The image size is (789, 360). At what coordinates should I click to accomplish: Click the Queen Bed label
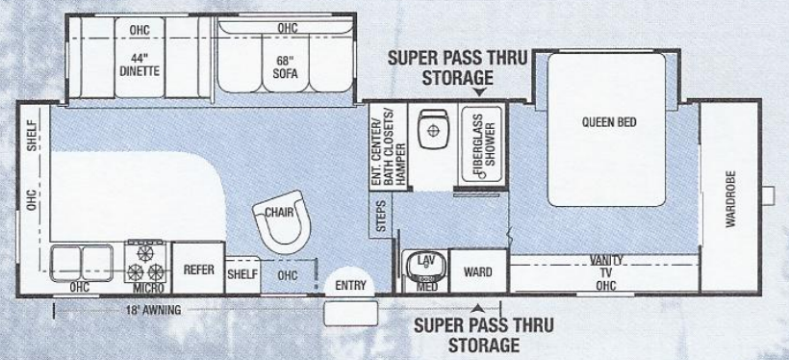[609, 121]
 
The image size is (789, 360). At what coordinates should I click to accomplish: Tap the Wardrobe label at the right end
[729, 202]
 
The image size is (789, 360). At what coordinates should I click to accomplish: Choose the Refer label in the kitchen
[197, 270]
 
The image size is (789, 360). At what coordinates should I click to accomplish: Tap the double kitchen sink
[81, 261]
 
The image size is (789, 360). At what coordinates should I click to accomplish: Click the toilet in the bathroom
[431, 126]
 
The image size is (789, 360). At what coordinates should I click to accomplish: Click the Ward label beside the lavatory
[477, 272]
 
